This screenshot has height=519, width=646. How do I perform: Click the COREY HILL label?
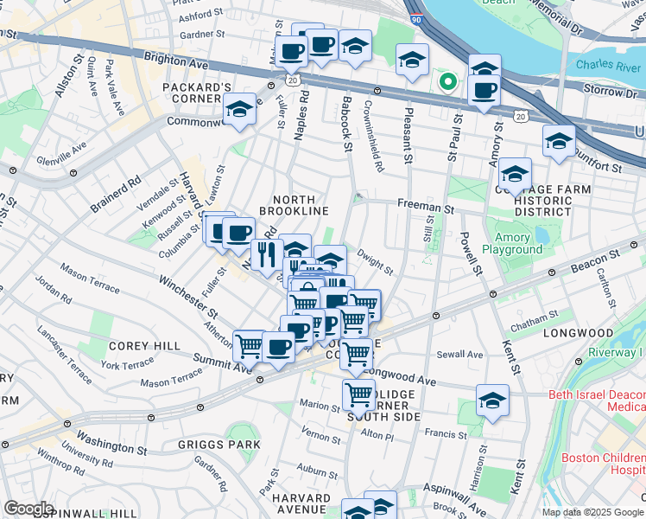pyautogui.click(x=144, y=346)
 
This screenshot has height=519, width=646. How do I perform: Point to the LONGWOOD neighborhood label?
pyautogui.click(x=578, y=332)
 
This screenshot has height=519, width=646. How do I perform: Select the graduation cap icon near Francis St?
pyautogui.click(x=492, y=400)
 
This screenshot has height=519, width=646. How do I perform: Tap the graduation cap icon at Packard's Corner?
pyautogui.click(x=239, y=109)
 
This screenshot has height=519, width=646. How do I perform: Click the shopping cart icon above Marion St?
pyautogui.click(x=358, y=395)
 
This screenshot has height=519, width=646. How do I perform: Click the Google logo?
pyautogui.click(x=28, y=509)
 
